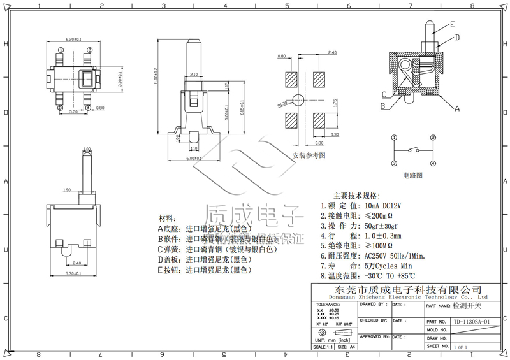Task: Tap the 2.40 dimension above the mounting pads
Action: click(x=331, y=52)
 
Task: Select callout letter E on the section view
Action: click(x=452, y=25)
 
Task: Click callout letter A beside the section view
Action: click(x=457, y=109)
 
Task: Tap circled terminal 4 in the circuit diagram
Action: click(x=432, y=164)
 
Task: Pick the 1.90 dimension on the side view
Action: click(x=67, y=190)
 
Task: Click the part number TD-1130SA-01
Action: click(x=471, y=322)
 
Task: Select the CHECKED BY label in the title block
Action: click(x=373, y=320)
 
